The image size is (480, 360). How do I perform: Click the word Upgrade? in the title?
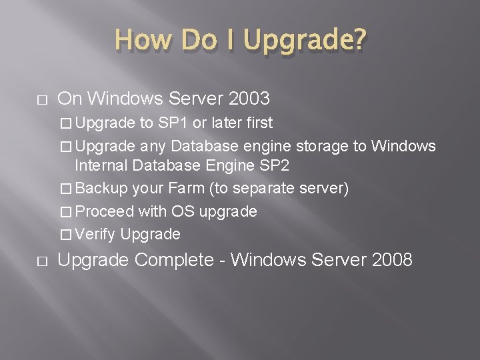[x=305, y=41]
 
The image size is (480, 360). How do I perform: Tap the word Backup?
[x=102, y=189]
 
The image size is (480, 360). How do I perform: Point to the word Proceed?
[x=105, y=211]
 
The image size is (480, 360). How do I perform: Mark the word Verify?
[x=96, y=234]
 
